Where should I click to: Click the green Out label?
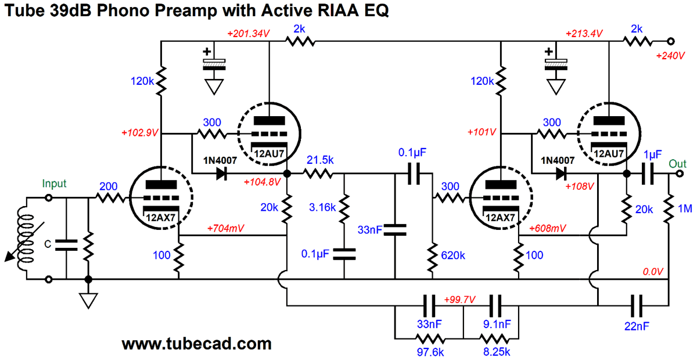(x=678, y=163)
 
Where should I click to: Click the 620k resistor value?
(x=454, y=254)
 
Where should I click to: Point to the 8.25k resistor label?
(x=495, y=352)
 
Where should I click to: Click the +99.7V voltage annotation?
(x=459, y=300)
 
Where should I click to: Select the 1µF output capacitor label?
(x=652, y=155)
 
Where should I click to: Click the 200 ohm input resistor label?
(x=109, y=186)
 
